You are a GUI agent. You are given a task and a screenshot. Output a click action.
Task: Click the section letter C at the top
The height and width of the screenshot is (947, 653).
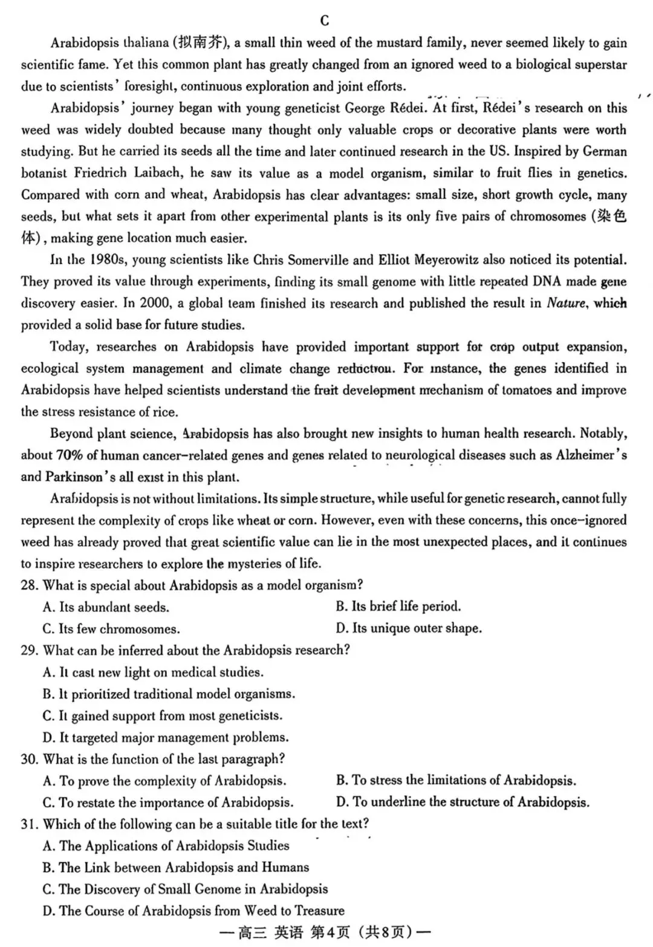[325, 21]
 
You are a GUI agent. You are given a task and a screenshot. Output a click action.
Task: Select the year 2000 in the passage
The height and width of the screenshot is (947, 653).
[154, 304]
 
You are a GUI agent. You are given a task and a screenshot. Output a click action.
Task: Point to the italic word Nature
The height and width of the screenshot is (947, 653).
[566, 304]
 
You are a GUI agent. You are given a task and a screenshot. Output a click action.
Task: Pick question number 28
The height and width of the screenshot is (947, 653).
[30, 585]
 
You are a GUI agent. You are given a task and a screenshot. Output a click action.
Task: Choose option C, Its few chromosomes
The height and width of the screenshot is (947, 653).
[111, 629]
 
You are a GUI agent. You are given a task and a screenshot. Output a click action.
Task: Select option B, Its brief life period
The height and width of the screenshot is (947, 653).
[398, 607]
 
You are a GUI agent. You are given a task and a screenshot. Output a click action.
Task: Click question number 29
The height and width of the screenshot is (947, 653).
[30, 651]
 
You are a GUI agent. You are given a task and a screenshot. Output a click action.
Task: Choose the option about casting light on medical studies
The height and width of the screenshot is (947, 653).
[153, 672]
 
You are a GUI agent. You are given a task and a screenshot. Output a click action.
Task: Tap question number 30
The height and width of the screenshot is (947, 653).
[30, 759]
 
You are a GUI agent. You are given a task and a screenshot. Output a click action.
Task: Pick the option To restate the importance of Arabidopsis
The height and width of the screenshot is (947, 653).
[168, 803]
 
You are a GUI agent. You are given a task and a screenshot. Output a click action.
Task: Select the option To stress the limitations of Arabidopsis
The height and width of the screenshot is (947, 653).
[456, 781]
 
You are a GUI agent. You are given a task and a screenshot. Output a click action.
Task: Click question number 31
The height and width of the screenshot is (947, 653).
[30, 824]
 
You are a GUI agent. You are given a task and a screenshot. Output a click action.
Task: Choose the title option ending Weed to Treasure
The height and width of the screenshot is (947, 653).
[193, 911]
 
